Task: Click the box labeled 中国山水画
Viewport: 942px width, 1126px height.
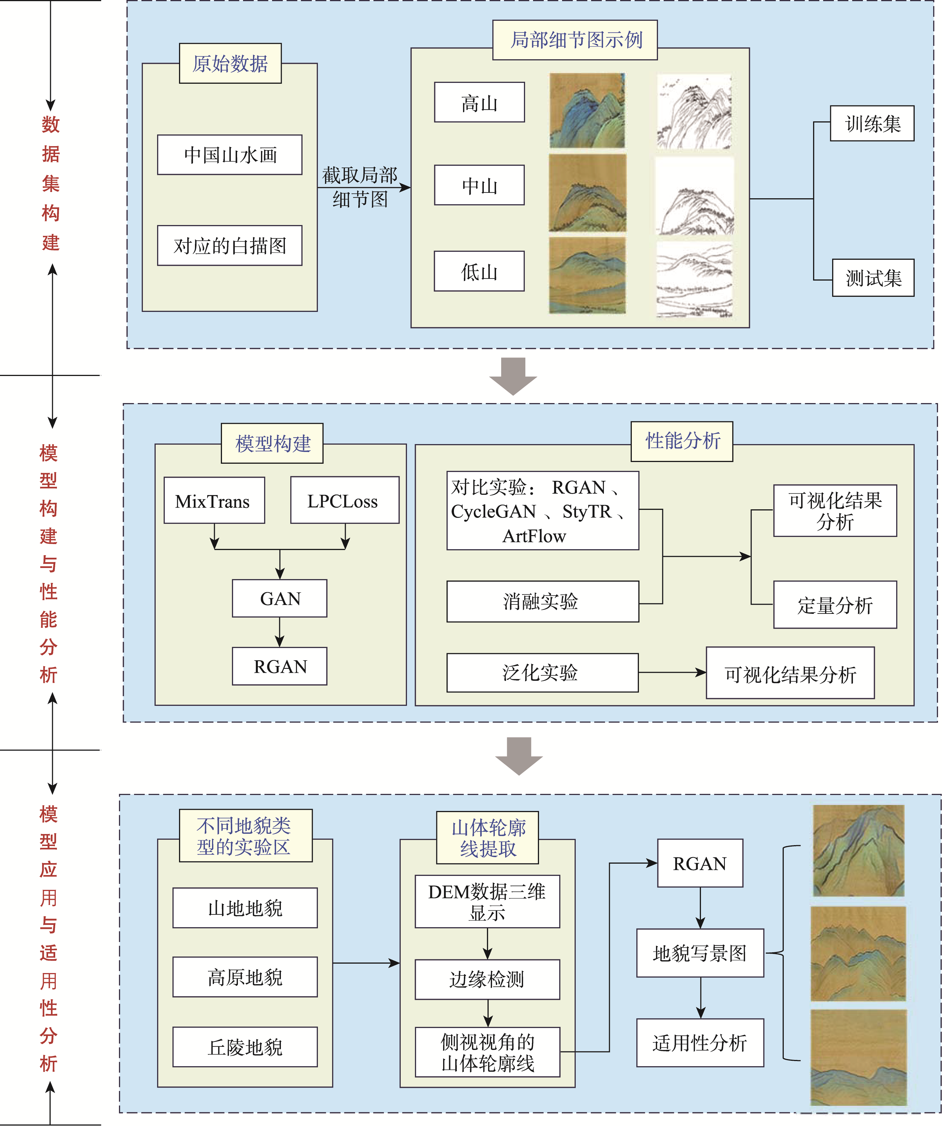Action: coord(229,155)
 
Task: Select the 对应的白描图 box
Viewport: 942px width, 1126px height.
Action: coord(229,246)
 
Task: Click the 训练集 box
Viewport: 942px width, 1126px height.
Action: coord(872,123)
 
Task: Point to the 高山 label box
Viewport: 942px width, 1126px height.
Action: coord(479,103)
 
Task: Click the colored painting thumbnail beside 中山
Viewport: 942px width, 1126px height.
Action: coord(587,193)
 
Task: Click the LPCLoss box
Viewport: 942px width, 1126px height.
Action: coord(345,500)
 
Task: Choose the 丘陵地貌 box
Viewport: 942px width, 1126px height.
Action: coord(245,1047)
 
